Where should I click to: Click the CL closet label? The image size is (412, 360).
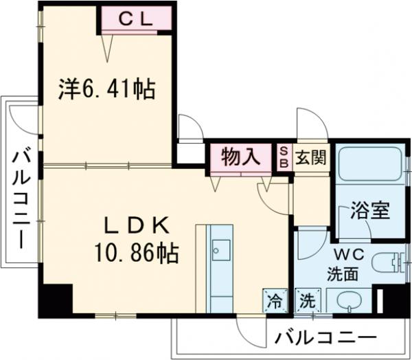(136, 20)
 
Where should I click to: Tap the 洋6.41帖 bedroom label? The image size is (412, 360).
(106, 89)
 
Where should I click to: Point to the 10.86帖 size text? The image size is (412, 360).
(137, 255)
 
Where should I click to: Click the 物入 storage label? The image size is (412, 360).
(240, 157)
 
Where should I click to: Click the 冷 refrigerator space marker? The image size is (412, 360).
(273, 300)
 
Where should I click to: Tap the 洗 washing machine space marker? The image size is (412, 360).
(306, 300)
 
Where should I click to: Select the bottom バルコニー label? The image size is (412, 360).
(326, 338)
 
